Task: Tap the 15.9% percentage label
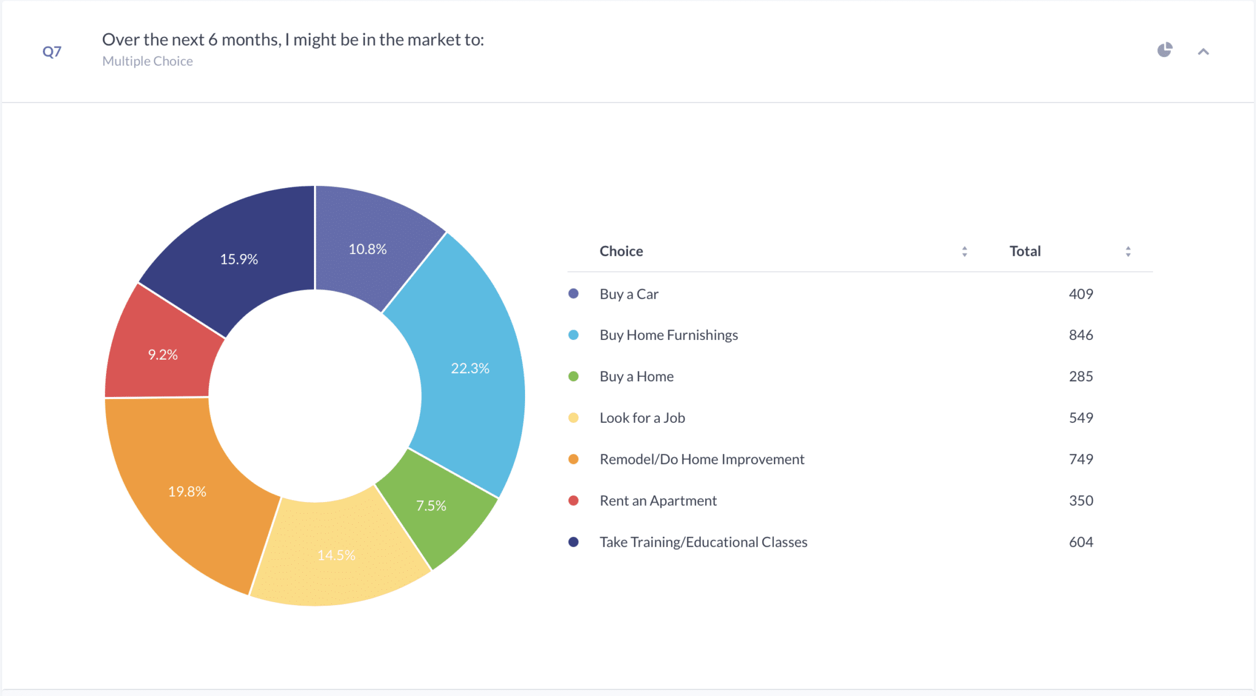pyautogui.click(x=239, y=259)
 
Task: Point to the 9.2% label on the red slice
pyautogui.click(x=163, y=355)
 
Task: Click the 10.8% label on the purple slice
pyautogui.click(x=367, y=249)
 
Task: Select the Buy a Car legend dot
pyautogui.click(x=573, y=293)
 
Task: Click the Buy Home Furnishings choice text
pyautogui.click(x=668, y=335)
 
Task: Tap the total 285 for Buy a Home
pyautogui.click(x=1081, y=376)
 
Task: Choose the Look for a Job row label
pyautogui.click(x=642, y=418)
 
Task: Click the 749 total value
pyautogui.click(x=1081, y=459)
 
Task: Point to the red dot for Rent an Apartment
pyautogui.click(x=573, y=501)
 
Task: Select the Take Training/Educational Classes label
pyautogui.click(x=703, y=542)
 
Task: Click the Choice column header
pyautogui.click(x=621, y=251)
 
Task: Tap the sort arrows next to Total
pyautogui.click(x=1128, y=252)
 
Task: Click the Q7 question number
pyautogui.click(x=52, y=52)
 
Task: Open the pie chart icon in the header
pyautogui.click(x=1165, y=50)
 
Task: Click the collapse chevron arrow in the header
pyautogui.click(x=1203, y=52)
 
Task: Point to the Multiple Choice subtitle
pyautogui.click(x=147, y=61)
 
